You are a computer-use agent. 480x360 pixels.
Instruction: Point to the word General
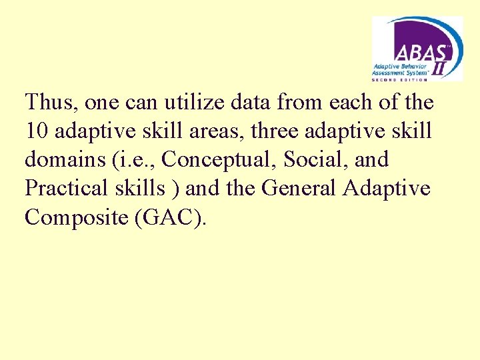pyautogui.click(x=299, y=189)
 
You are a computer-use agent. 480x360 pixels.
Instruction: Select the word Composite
pyautogui.click(x=75, y=218)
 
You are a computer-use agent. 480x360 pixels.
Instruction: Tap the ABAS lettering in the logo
pyautogui.click(x=416, y=51)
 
